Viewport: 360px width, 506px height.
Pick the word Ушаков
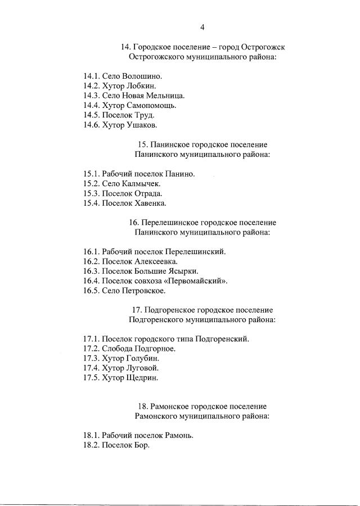point(142,125)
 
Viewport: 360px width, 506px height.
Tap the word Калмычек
point(139,183)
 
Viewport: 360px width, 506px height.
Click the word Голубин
point(142,358)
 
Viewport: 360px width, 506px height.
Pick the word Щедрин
point(142,378)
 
